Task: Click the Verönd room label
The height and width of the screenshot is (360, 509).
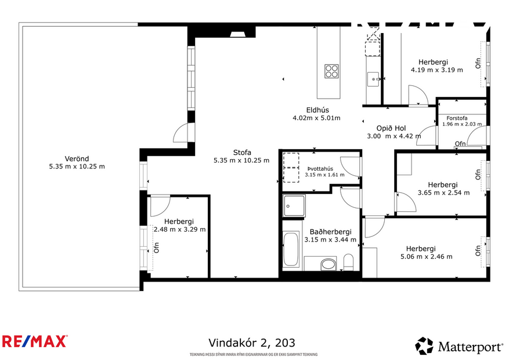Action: tap(77, 158)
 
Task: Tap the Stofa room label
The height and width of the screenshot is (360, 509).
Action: tap(241, 153)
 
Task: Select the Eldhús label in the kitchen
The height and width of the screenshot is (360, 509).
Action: tap(317, 110)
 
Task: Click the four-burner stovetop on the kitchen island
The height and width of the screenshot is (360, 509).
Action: tap(331, 71)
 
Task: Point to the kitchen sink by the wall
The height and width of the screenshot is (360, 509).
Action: tap(373, 78)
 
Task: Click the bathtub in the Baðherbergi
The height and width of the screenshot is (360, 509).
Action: tap(291, 250)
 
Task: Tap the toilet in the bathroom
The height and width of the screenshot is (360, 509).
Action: tap(348, 262)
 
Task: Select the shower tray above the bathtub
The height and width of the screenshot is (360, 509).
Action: tap(293, 206)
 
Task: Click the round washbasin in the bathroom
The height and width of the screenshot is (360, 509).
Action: tap(328, 265)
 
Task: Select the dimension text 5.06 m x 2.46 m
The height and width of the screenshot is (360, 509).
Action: tap(426, 256)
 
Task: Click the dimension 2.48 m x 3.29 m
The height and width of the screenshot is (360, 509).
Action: tap(179, 229)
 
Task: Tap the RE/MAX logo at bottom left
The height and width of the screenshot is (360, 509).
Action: tap(35, 341)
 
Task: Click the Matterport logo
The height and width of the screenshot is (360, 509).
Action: tap(459, 347)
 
